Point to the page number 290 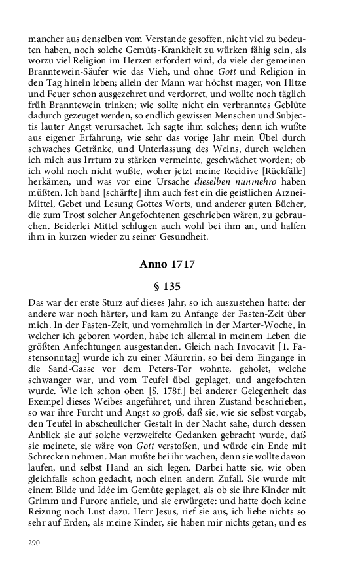(x=35, y=543)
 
